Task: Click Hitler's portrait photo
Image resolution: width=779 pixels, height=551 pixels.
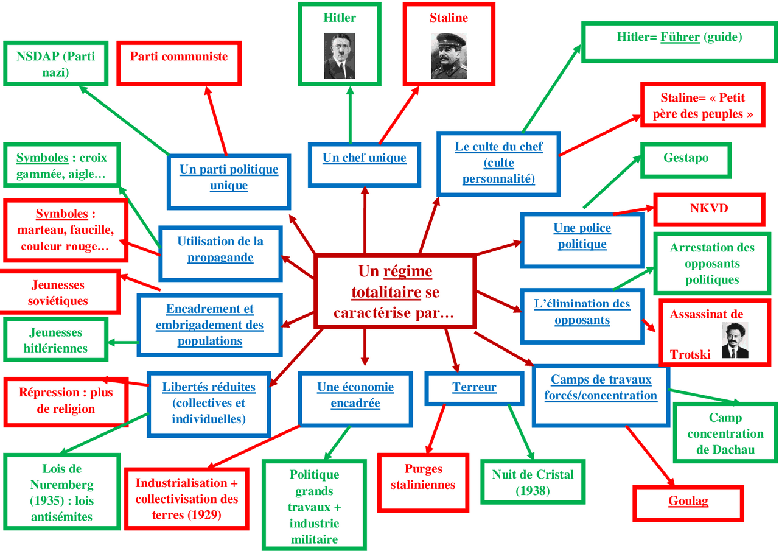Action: pos(339,56)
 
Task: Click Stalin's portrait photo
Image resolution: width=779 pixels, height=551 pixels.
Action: pos(449,56)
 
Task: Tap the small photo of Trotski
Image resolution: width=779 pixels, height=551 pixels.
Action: pos(735,340)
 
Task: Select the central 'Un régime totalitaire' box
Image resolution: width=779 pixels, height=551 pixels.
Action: pos(394,292)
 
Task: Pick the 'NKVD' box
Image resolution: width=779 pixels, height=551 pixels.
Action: pos(708,209)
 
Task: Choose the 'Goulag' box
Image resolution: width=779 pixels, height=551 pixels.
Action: pos(688,502)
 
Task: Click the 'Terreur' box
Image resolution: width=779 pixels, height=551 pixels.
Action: pos(474,388)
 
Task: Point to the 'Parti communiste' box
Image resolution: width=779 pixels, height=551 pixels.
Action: pos(179,62)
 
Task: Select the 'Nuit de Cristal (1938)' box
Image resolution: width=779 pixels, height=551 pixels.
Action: pos(533,482)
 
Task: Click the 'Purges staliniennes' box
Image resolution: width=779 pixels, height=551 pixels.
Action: pos(423,481)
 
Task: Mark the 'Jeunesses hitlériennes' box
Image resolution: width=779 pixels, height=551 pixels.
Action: pos(55,340)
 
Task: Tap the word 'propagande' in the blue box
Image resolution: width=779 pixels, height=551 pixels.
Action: pos(220,258)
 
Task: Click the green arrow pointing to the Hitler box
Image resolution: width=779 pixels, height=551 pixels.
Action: pos(350,116)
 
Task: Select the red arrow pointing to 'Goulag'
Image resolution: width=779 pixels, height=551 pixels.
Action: pos(651,457)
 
